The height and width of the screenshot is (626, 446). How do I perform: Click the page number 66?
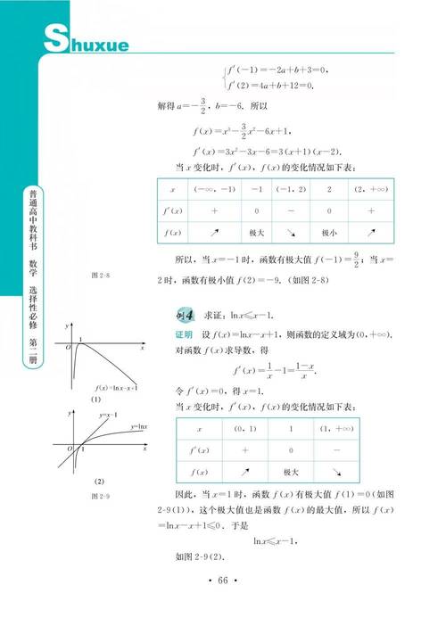224,581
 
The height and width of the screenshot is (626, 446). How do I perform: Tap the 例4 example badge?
189,315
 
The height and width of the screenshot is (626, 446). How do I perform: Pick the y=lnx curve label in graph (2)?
139,427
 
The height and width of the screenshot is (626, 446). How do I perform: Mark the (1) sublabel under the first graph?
94,399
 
